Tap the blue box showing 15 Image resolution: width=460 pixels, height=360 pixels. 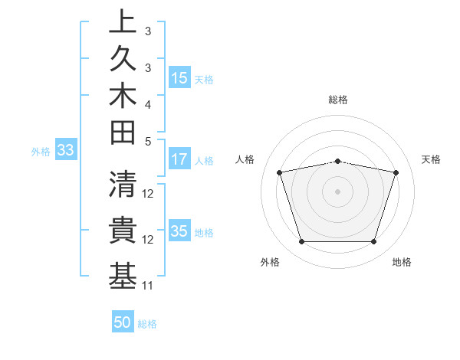179,78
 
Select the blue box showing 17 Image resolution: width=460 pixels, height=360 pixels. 179,160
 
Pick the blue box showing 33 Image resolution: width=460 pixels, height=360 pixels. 65,151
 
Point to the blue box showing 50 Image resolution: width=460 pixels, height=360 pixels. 122,323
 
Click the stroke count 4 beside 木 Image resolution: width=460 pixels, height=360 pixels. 148,104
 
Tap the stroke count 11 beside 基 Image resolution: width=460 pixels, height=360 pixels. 148,286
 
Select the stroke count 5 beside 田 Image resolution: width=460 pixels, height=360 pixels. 148,141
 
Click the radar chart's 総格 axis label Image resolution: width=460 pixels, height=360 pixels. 338,100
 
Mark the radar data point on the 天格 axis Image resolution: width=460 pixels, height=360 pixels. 396,172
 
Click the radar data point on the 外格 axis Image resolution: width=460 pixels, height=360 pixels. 301,242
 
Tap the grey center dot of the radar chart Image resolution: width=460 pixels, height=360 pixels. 338,191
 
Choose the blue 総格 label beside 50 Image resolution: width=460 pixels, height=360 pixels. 147,324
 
